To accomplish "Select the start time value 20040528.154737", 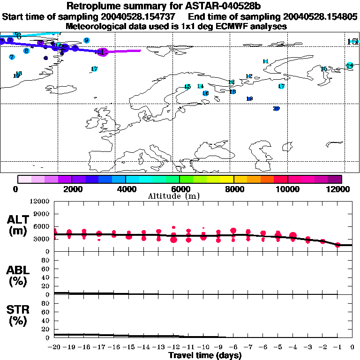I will coord(142,16).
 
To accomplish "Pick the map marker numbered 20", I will coord(276,109).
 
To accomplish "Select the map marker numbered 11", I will coord(265,61).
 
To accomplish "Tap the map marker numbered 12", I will coord(249,76).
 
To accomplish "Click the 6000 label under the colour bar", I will coord(180,189).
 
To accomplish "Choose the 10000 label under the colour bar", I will coord(288,189).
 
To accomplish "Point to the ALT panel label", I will coord(18,225).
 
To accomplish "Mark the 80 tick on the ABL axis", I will coord(46,264).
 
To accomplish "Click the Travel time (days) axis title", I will coord(205,356).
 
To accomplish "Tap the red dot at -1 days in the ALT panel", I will coord(337,244).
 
